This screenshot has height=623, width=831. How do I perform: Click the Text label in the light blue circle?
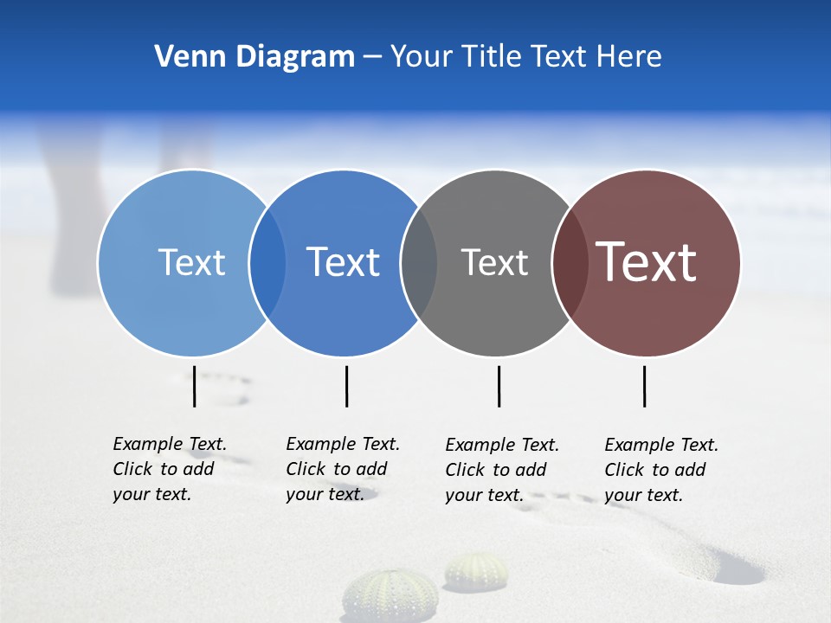click(191, 262)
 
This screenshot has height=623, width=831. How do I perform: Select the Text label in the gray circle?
click(494, 262)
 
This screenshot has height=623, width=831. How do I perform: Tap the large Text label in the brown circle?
click(647, 262)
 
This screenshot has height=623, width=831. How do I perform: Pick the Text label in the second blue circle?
click(344, 262)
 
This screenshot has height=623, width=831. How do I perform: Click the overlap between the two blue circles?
click(267, 262)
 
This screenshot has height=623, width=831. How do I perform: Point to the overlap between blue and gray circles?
click(419, 262)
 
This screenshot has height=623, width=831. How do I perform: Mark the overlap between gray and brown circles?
click(570, 262)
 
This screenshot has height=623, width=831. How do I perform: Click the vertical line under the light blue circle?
click(195, 386)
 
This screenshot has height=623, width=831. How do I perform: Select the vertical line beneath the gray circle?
click(499, 386)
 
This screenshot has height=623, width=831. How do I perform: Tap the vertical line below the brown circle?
click(645, 386)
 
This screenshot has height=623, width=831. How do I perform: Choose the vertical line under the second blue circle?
click(346, 386)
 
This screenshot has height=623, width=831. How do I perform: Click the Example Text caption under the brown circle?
click(661, 469)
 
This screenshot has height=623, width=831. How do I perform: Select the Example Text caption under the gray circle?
click(502, 469)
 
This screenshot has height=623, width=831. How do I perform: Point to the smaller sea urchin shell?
click(476, 572)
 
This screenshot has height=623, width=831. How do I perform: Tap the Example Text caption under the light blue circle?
click(170, 468)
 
